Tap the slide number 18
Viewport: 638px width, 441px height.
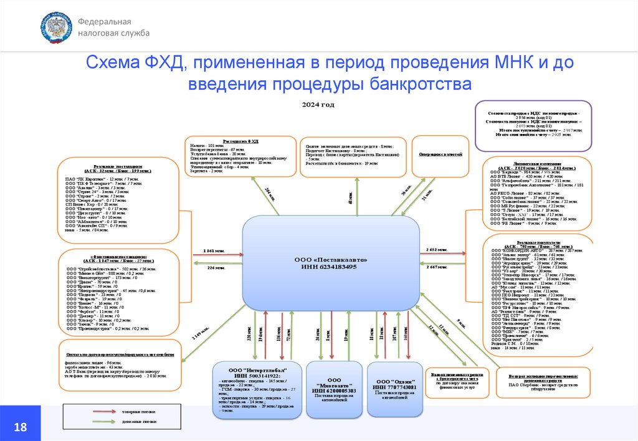20,427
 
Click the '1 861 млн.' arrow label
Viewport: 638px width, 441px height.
213,250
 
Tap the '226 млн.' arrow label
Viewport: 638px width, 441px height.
216,268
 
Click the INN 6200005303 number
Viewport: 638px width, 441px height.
334,391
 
